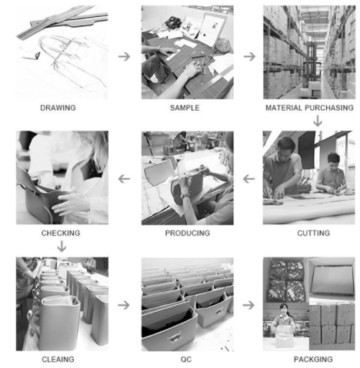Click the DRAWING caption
point(58,108)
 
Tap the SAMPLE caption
point(185,108)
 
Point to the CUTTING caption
point(313,233)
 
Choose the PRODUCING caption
point(188,233)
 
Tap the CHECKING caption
point(61,233)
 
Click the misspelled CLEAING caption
point(58,360)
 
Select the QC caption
point(186,360)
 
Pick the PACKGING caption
point(313,360)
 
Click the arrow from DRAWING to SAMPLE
point(125,56)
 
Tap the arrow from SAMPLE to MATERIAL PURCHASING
point(249,56)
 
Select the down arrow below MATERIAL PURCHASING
point(318,121)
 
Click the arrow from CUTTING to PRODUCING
point(248,179)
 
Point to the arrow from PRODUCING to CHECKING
point(124,179)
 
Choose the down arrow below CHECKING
point(62,246)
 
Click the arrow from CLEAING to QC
point(124,305)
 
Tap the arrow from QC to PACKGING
point(248,305)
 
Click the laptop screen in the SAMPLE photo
point(212,29)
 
